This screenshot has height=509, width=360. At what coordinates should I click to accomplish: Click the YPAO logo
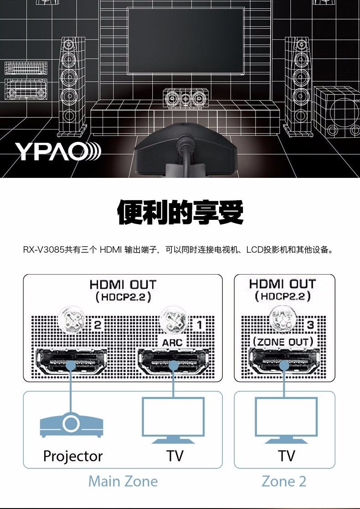pos(58,151)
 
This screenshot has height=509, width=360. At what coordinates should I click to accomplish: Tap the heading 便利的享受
pos(180,212)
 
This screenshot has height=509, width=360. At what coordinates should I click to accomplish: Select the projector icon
pos(72,425)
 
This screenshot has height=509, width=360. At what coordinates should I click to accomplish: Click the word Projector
pos(73,456)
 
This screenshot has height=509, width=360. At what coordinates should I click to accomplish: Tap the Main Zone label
pos(123,482)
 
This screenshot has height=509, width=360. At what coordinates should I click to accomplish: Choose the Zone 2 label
pos(284,482)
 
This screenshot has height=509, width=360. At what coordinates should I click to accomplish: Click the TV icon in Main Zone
pos(173,421)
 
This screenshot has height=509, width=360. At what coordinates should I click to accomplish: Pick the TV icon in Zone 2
pos(286,421)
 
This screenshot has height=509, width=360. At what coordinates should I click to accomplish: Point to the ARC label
pos(172,343)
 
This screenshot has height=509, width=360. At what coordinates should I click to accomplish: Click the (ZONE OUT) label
pos(283,342)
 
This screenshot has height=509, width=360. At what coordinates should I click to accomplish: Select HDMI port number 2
pos(72,361)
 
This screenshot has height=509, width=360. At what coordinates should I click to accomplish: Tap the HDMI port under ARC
pos(174,361)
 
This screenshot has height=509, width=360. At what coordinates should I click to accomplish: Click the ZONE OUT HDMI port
pos(284,360)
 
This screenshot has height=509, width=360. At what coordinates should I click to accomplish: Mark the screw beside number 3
pos(283,319)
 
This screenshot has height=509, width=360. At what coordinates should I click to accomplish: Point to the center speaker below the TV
pos(185,98)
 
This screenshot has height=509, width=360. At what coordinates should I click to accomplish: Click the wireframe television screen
pos(186,41)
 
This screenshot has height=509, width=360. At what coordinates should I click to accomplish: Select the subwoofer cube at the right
pos(337,112)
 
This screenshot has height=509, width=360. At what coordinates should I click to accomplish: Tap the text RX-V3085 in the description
pos(43,250)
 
